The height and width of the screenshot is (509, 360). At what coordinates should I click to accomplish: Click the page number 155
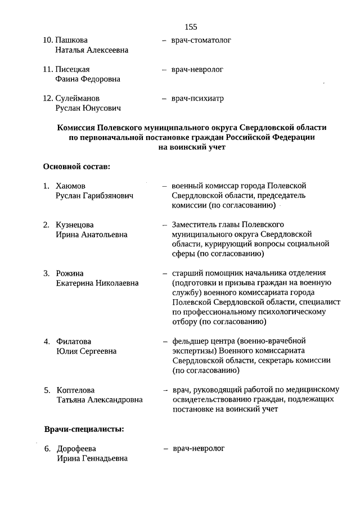(x=191, y=26)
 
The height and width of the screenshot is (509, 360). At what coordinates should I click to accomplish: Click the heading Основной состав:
(x=76, y=166)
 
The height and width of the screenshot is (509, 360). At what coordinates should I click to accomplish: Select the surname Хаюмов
(x=71, y=186)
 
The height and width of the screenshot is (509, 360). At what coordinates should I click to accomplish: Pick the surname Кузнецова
(x=75, y=225)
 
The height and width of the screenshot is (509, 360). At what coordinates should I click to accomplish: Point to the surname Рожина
(x=70, y=273)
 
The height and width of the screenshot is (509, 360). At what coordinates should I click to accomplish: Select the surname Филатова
(x=74, y=341)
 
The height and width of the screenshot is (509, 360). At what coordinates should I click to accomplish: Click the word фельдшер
(x=189, y=341)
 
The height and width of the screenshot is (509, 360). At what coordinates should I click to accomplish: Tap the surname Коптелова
(x=76, y=390)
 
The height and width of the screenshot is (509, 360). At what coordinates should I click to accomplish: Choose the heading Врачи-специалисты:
(x=84, y=430)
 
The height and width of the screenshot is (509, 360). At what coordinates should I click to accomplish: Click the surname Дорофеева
(x=76, y=449)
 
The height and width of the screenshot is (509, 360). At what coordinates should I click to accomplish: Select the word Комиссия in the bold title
(x=77, y=128)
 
